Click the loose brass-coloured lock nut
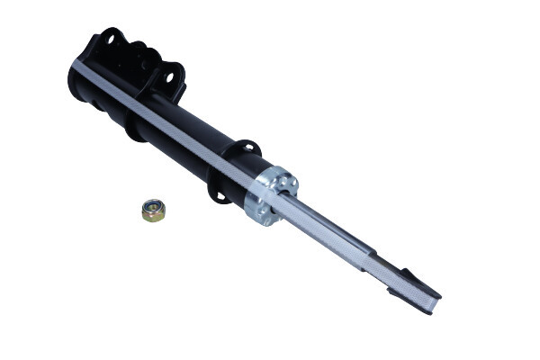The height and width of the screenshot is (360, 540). (154, 211)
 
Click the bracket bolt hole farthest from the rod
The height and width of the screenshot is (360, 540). (112, 37)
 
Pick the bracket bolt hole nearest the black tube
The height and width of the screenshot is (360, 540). (168, 77)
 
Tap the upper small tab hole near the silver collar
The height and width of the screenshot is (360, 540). (246, 148)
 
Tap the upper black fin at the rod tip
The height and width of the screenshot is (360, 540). (410, 275)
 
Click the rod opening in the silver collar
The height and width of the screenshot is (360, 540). (280, 197)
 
